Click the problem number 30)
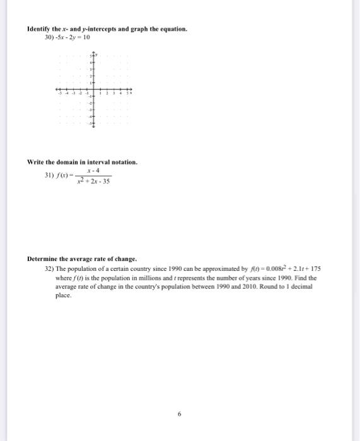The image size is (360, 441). [x=49, y=38]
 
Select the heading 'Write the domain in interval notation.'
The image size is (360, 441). [x=82, y=162]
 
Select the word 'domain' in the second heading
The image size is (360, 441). [x=67, y=162]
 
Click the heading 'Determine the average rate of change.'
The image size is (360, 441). [x=82, y=259]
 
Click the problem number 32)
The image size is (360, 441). [x=50, y=268]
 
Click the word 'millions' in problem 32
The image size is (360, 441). [x=137, y=277]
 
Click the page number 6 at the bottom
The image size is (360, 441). [x=179, y=414]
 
